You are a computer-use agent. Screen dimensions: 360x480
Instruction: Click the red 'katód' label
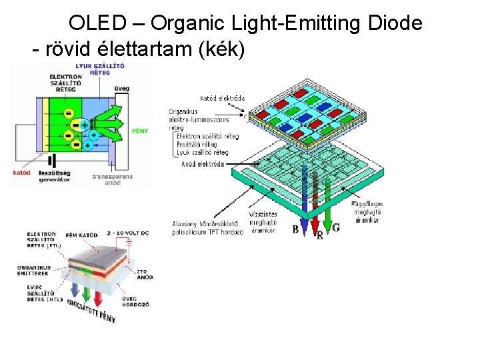[x=22, y=173]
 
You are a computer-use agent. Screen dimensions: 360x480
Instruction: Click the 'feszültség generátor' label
[x=54, y=176]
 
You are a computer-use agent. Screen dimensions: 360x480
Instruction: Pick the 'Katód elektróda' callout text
[x=222, y=98]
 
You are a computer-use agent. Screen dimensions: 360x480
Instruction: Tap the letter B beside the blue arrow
[x=295, y=229]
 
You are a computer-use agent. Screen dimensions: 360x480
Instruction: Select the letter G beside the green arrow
[x=336, y=227]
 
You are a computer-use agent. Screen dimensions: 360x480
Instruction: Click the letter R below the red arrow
[x=319, y=235]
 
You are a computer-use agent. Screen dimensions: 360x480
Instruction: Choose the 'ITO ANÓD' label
[x=143, y=275]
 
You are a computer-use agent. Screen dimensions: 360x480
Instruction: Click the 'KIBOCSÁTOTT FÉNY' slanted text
[x=92, y=311]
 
